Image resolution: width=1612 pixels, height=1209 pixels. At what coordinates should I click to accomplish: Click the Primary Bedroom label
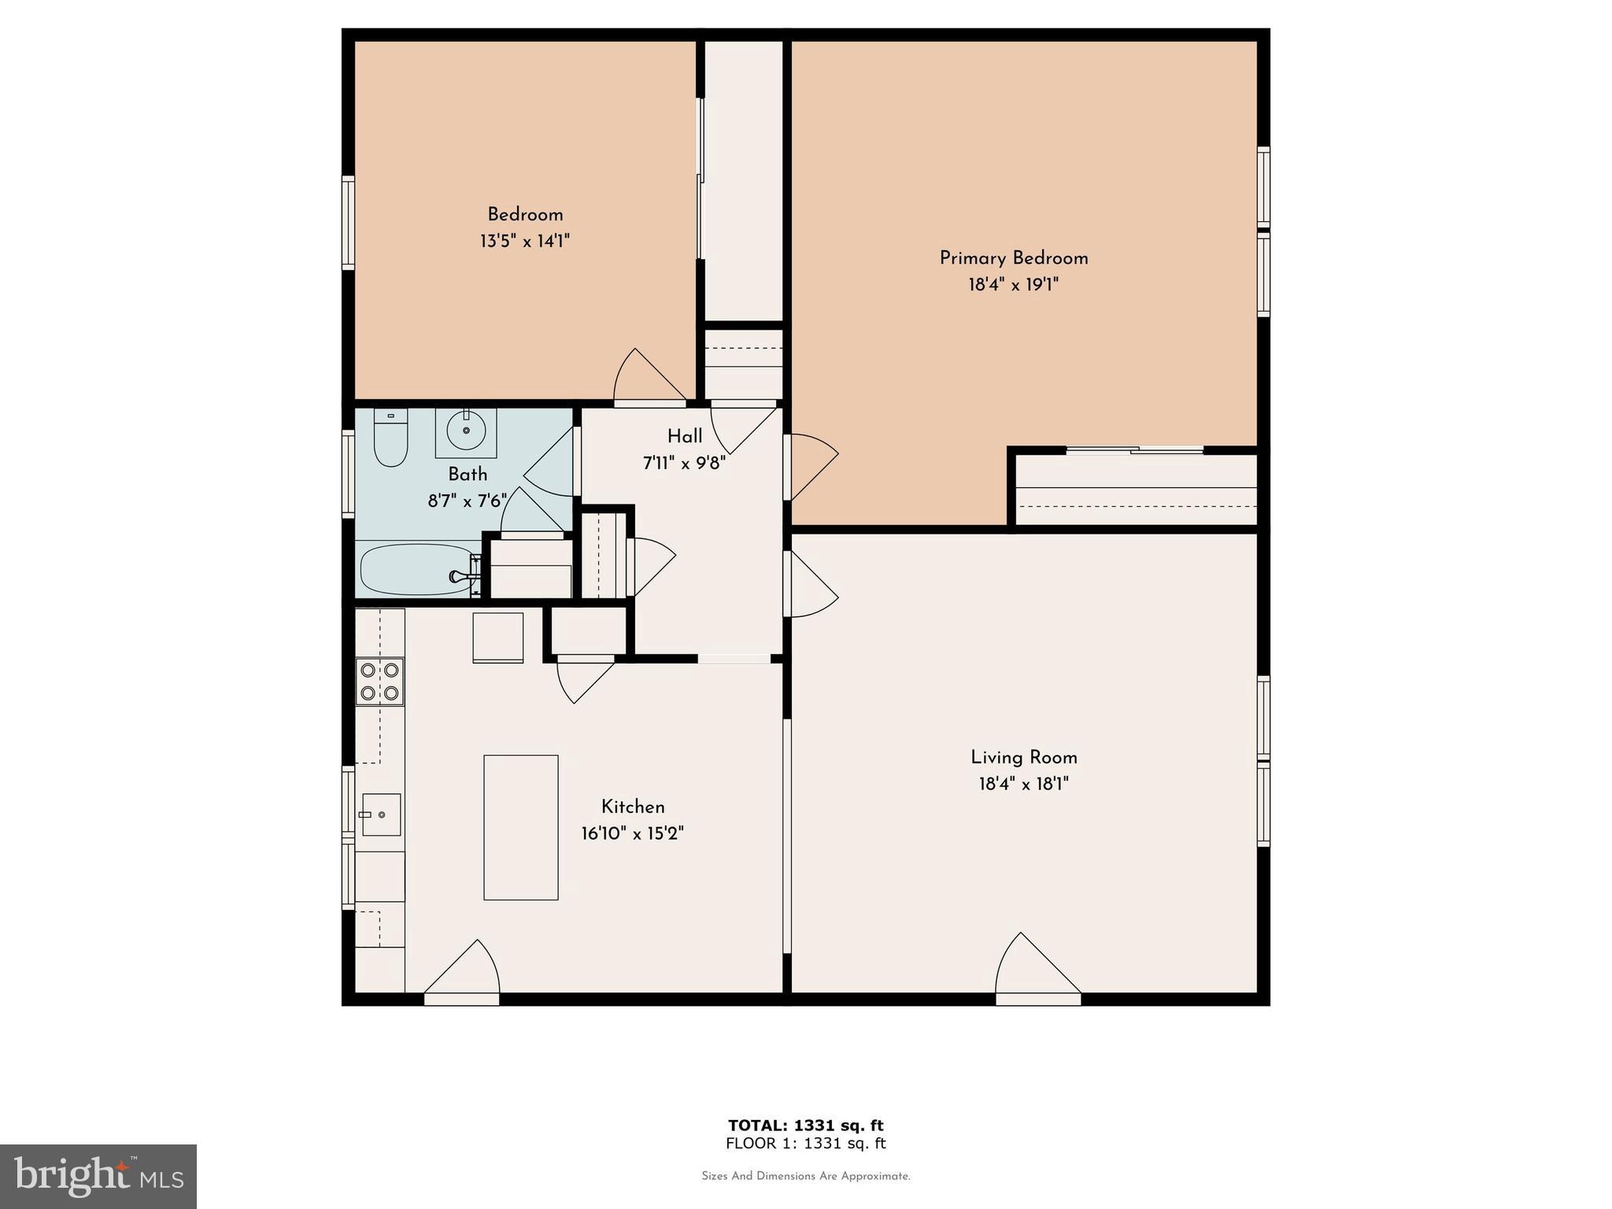coord(1013,258)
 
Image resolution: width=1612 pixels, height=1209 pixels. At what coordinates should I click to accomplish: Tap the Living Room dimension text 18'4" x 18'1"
coord(1023,784)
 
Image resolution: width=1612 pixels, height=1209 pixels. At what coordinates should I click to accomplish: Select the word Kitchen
coord(633,807)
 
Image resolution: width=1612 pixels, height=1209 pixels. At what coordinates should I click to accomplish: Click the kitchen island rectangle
coord(520,827)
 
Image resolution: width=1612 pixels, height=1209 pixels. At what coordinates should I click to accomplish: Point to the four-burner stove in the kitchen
coord(379,682)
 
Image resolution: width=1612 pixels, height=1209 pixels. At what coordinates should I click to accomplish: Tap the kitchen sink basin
coord(381,815)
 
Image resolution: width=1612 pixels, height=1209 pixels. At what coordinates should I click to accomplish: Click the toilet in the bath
coord(390,440)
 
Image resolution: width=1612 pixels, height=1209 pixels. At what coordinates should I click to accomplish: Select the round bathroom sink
coord(466,431)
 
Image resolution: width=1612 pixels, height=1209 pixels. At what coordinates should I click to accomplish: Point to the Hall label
coord(685,437)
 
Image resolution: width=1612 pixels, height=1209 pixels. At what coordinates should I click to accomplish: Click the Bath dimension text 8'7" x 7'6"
coord(467,501)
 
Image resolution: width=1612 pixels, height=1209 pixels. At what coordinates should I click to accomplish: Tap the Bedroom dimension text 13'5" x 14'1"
coord(525,241)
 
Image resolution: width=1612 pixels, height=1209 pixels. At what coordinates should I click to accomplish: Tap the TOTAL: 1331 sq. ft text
coord(805,1126)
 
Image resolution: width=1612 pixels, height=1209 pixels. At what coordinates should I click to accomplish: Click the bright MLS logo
coord(98,1176)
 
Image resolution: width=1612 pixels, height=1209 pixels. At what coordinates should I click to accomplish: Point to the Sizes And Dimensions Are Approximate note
coord(805,1177)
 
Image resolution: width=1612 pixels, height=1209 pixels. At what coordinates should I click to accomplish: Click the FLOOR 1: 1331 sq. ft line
coord(805,1144)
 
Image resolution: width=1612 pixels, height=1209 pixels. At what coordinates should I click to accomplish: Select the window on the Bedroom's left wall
coord(347,223)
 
